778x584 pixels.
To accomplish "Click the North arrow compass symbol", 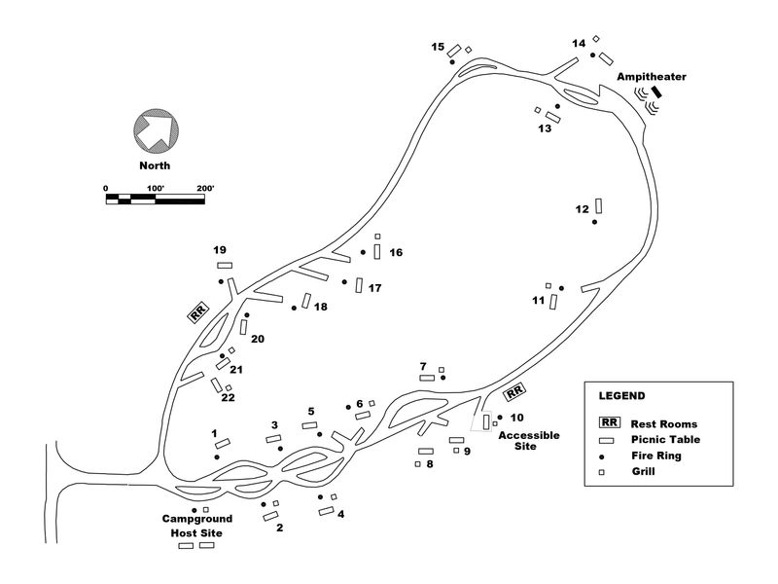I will click(156, 128).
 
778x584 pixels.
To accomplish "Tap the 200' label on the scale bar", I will click(204, 188).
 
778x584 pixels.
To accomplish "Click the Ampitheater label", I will click(644, 76).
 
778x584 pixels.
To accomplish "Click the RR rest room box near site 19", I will click(198, 312).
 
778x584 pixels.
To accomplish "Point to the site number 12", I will click(583, 209).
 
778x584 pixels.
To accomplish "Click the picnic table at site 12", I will click(599, 205).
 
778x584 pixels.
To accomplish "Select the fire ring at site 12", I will click(594, 223).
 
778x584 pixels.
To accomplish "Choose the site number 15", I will click(438, 47).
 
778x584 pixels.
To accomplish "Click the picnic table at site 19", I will click(225, 265).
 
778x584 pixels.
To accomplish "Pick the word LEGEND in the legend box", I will click(621, 396).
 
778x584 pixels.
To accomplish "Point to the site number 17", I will click(374, 288).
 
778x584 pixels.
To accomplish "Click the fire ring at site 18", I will click(294, 308).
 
